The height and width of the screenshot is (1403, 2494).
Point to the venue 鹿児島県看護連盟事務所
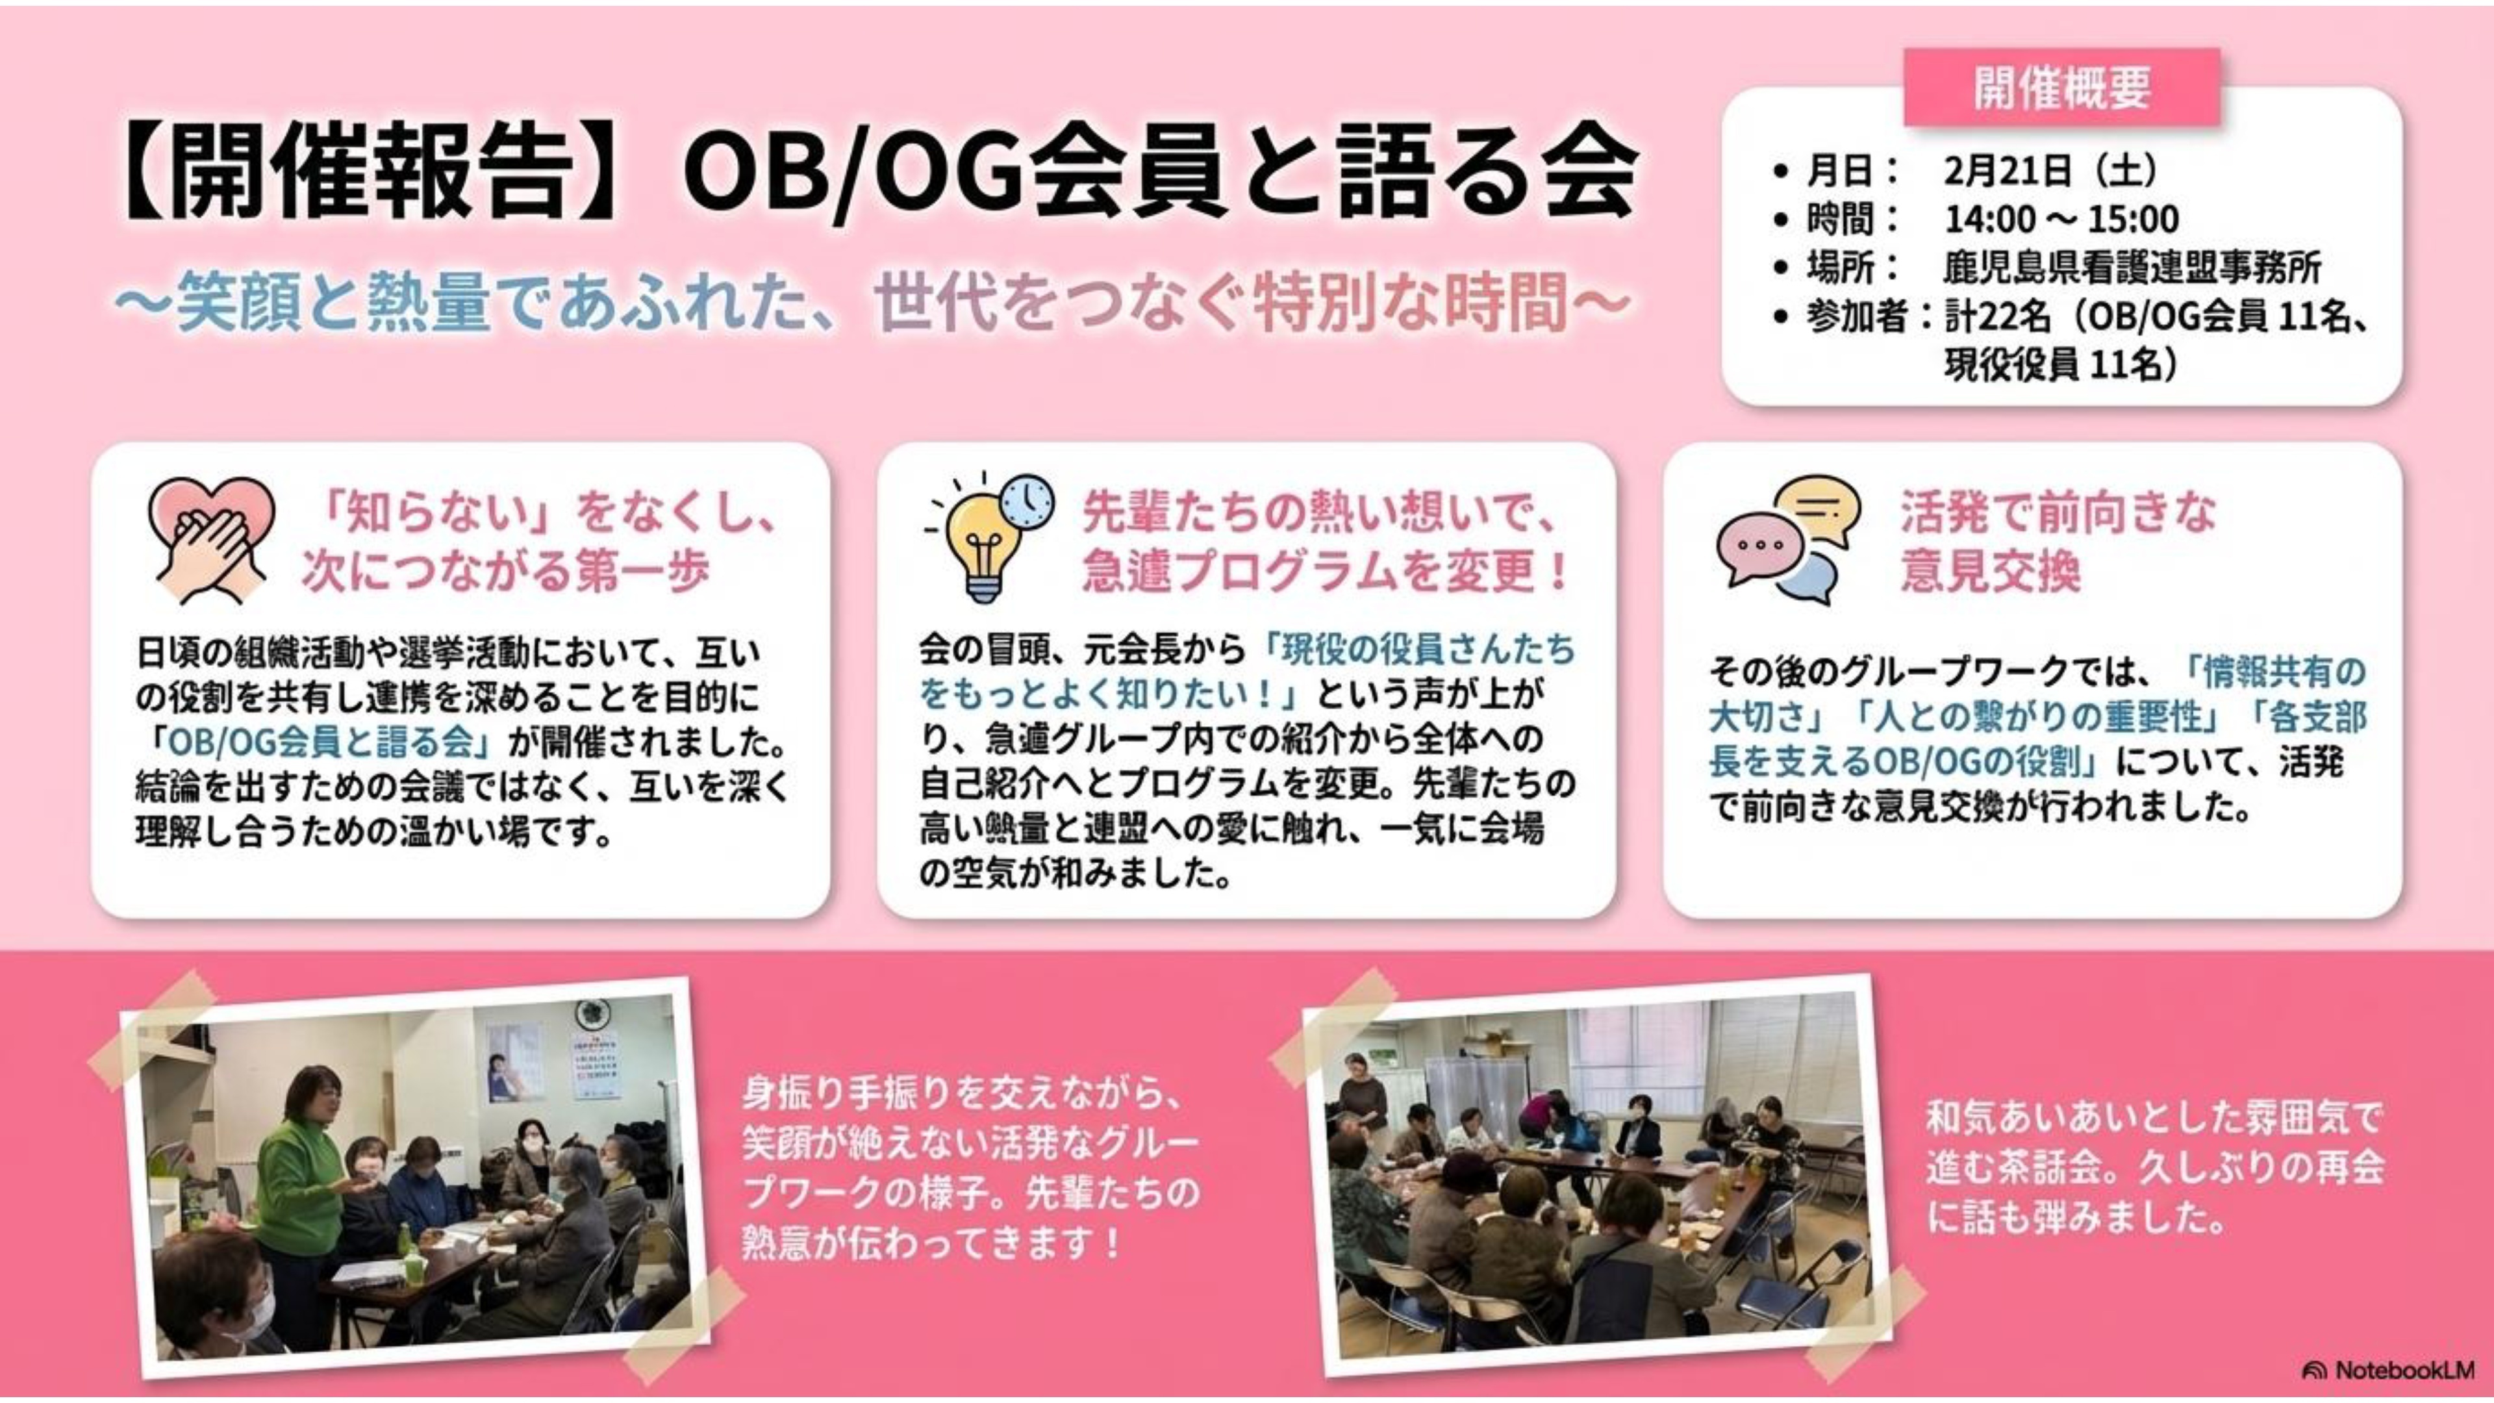tap(2131, 268)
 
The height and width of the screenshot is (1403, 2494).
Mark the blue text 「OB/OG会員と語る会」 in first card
tap(323, 742)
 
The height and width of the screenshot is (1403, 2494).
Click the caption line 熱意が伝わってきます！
tap(933, 1243)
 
